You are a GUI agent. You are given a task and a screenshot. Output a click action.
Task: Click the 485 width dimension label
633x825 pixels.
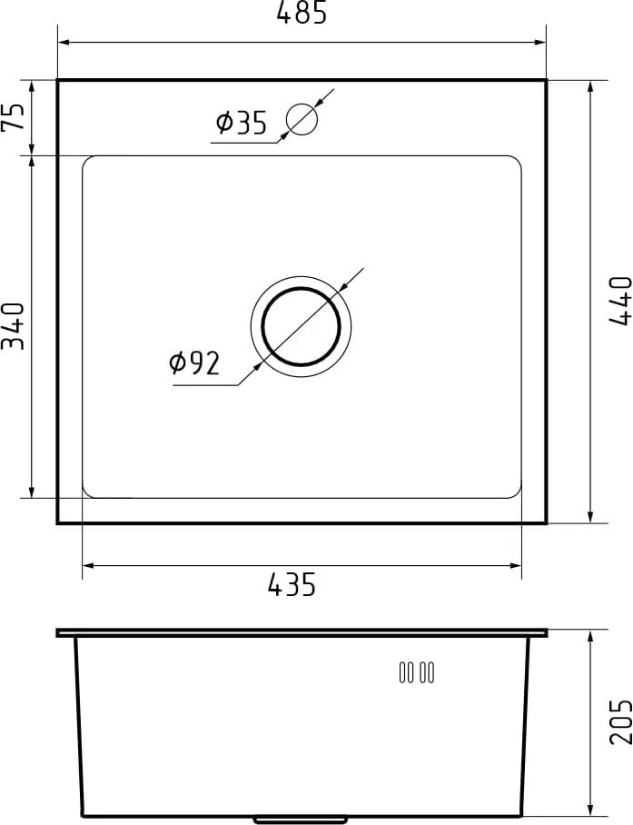coord(302,13)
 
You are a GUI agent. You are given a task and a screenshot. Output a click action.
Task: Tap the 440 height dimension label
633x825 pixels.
coord(620,301)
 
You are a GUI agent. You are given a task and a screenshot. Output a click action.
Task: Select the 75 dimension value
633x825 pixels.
coord(14,116)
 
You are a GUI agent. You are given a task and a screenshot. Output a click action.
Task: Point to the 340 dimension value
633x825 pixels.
coord(14,326)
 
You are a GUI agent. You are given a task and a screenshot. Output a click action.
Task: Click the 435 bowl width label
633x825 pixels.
coord(292,584)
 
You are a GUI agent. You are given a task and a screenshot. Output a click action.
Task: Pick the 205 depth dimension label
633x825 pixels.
coord(620,721)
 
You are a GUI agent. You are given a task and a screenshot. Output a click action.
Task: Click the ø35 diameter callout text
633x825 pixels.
coord(242,123)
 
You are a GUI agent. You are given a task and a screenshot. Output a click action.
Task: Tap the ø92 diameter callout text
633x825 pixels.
coord(194,363)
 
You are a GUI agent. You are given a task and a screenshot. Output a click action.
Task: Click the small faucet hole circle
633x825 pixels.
coord(302,119)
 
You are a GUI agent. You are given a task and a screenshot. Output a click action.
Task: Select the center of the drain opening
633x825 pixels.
coord(301,326)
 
